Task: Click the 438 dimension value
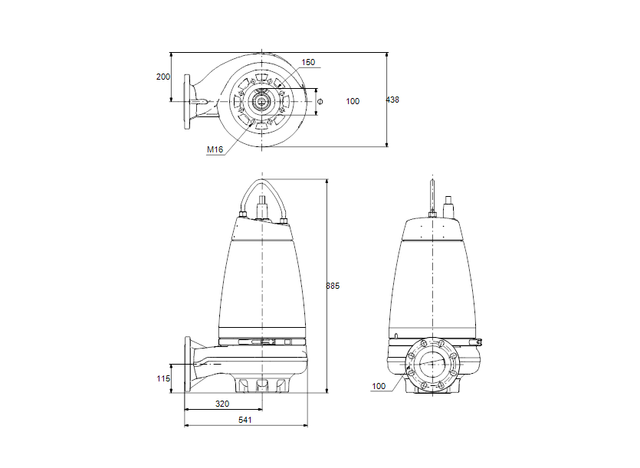point(392,100)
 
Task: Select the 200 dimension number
point(162,77)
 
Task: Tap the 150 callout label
point(308,63)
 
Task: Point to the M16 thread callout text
point(215,150)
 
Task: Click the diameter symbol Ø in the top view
point(320,101)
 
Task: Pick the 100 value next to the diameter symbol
point(353,101)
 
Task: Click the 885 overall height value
point(333,286)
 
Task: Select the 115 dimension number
point(162,378)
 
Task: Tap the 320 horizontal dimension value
point(222,403)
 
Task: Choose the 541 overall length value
point(245,420)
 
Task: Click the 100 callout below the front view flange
point(379,386)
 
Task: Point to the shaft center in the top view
point(262,101)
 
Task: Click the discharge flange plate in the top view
point(186,101)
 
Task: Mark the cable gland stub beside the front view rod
point(448,205)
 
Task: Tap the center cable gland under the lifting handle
point(262,208)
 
